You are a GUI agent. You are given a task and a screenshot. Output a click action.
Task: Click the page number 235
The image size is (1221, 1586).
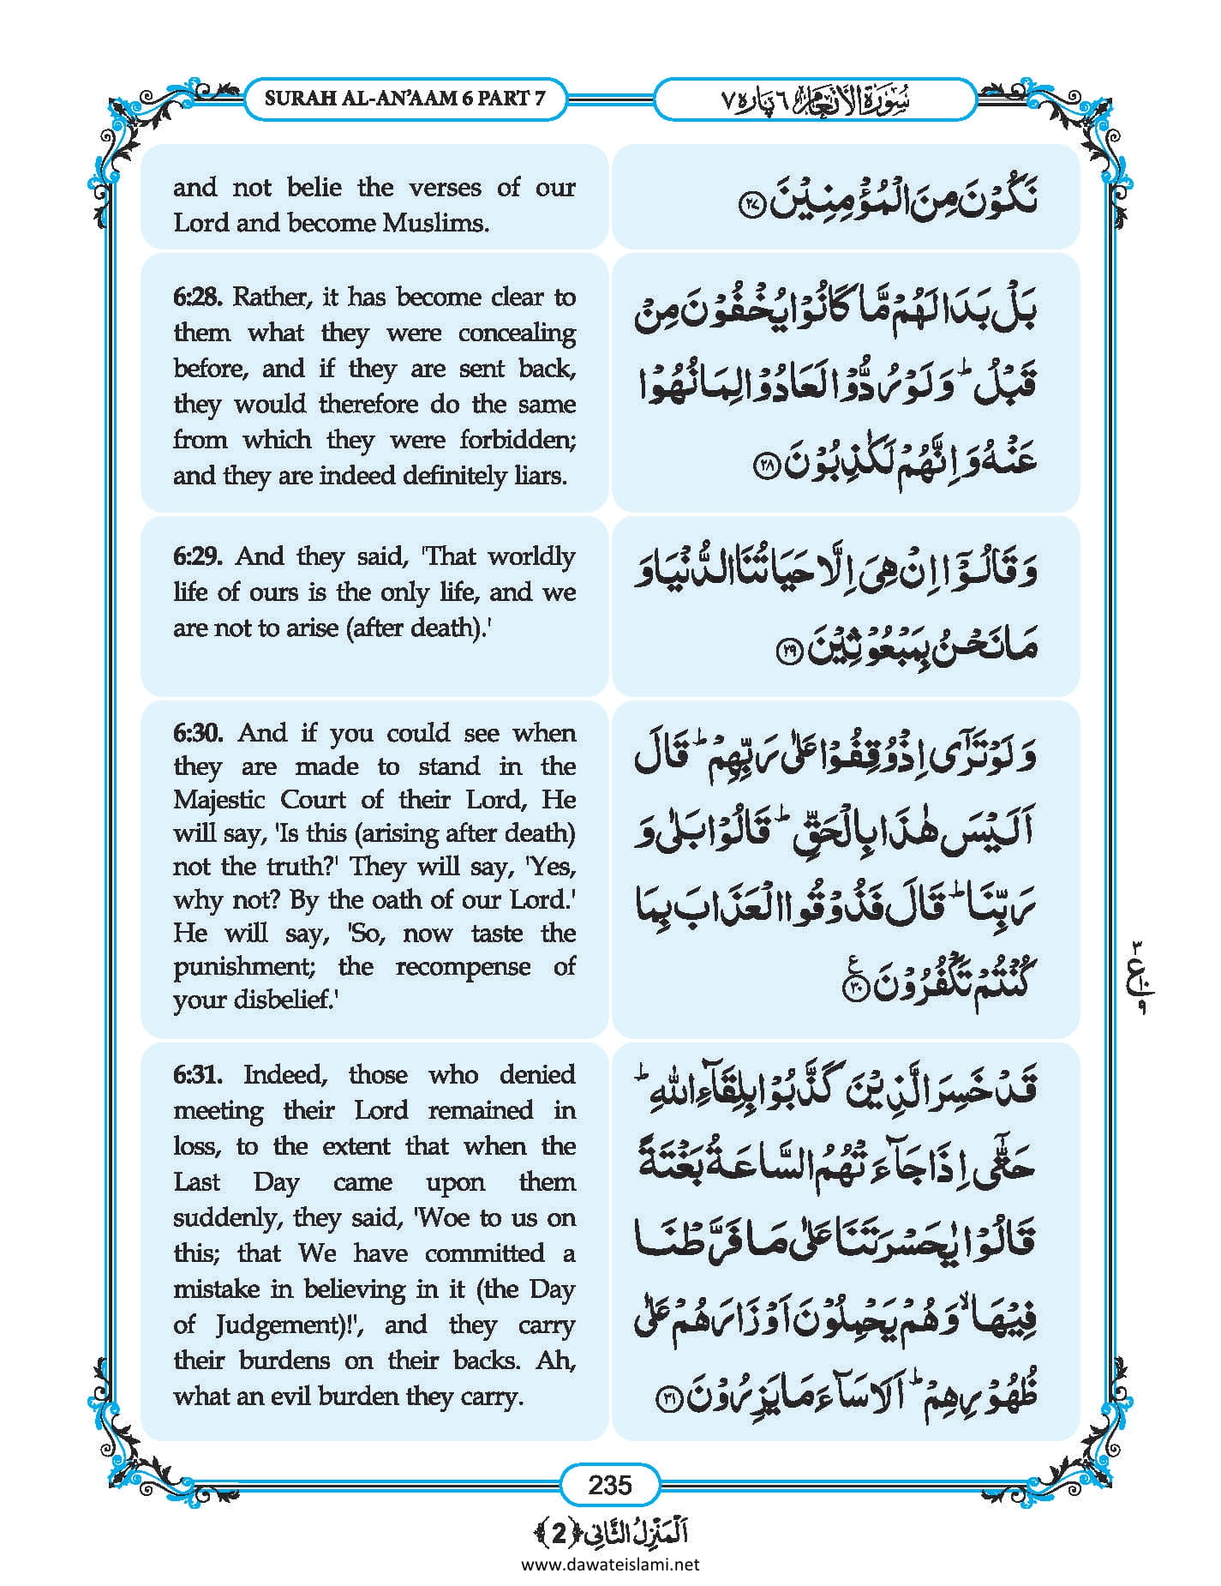pos(609,1484)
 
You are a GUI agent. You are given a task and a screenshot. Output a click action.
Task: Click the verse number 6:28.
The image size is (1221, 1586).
pos(198,297)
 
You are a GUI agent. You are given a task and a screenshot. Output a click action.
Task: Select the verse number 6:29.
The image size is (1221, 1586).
pos(198,556)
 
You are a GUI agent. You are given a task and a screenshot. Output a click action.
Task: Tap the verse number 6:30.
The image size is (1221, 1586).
pos(198,733)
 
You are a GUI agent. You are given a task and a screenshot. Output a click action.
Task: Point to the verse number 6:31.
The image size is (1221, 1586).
pos(198,1075)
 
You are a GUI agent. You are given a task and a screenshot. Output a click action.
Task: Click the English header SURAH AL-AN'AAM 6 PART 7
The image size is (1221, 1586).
pos(404,98)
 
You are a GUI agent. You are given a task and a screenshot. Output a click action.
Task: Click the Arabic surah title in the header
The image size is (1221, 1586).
pos(814,99)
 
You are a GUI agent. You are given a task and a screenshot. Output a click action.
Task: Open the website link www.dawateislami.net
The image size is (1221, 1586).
pos(609,1564)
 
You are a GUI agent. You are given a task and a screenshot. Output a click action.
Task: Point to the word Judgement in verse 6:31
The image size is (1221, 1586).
pos(275,1325)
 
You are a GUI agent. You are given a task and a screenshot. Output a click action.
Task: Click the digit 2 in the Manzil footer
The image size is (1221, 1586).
pos(559,1533)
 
